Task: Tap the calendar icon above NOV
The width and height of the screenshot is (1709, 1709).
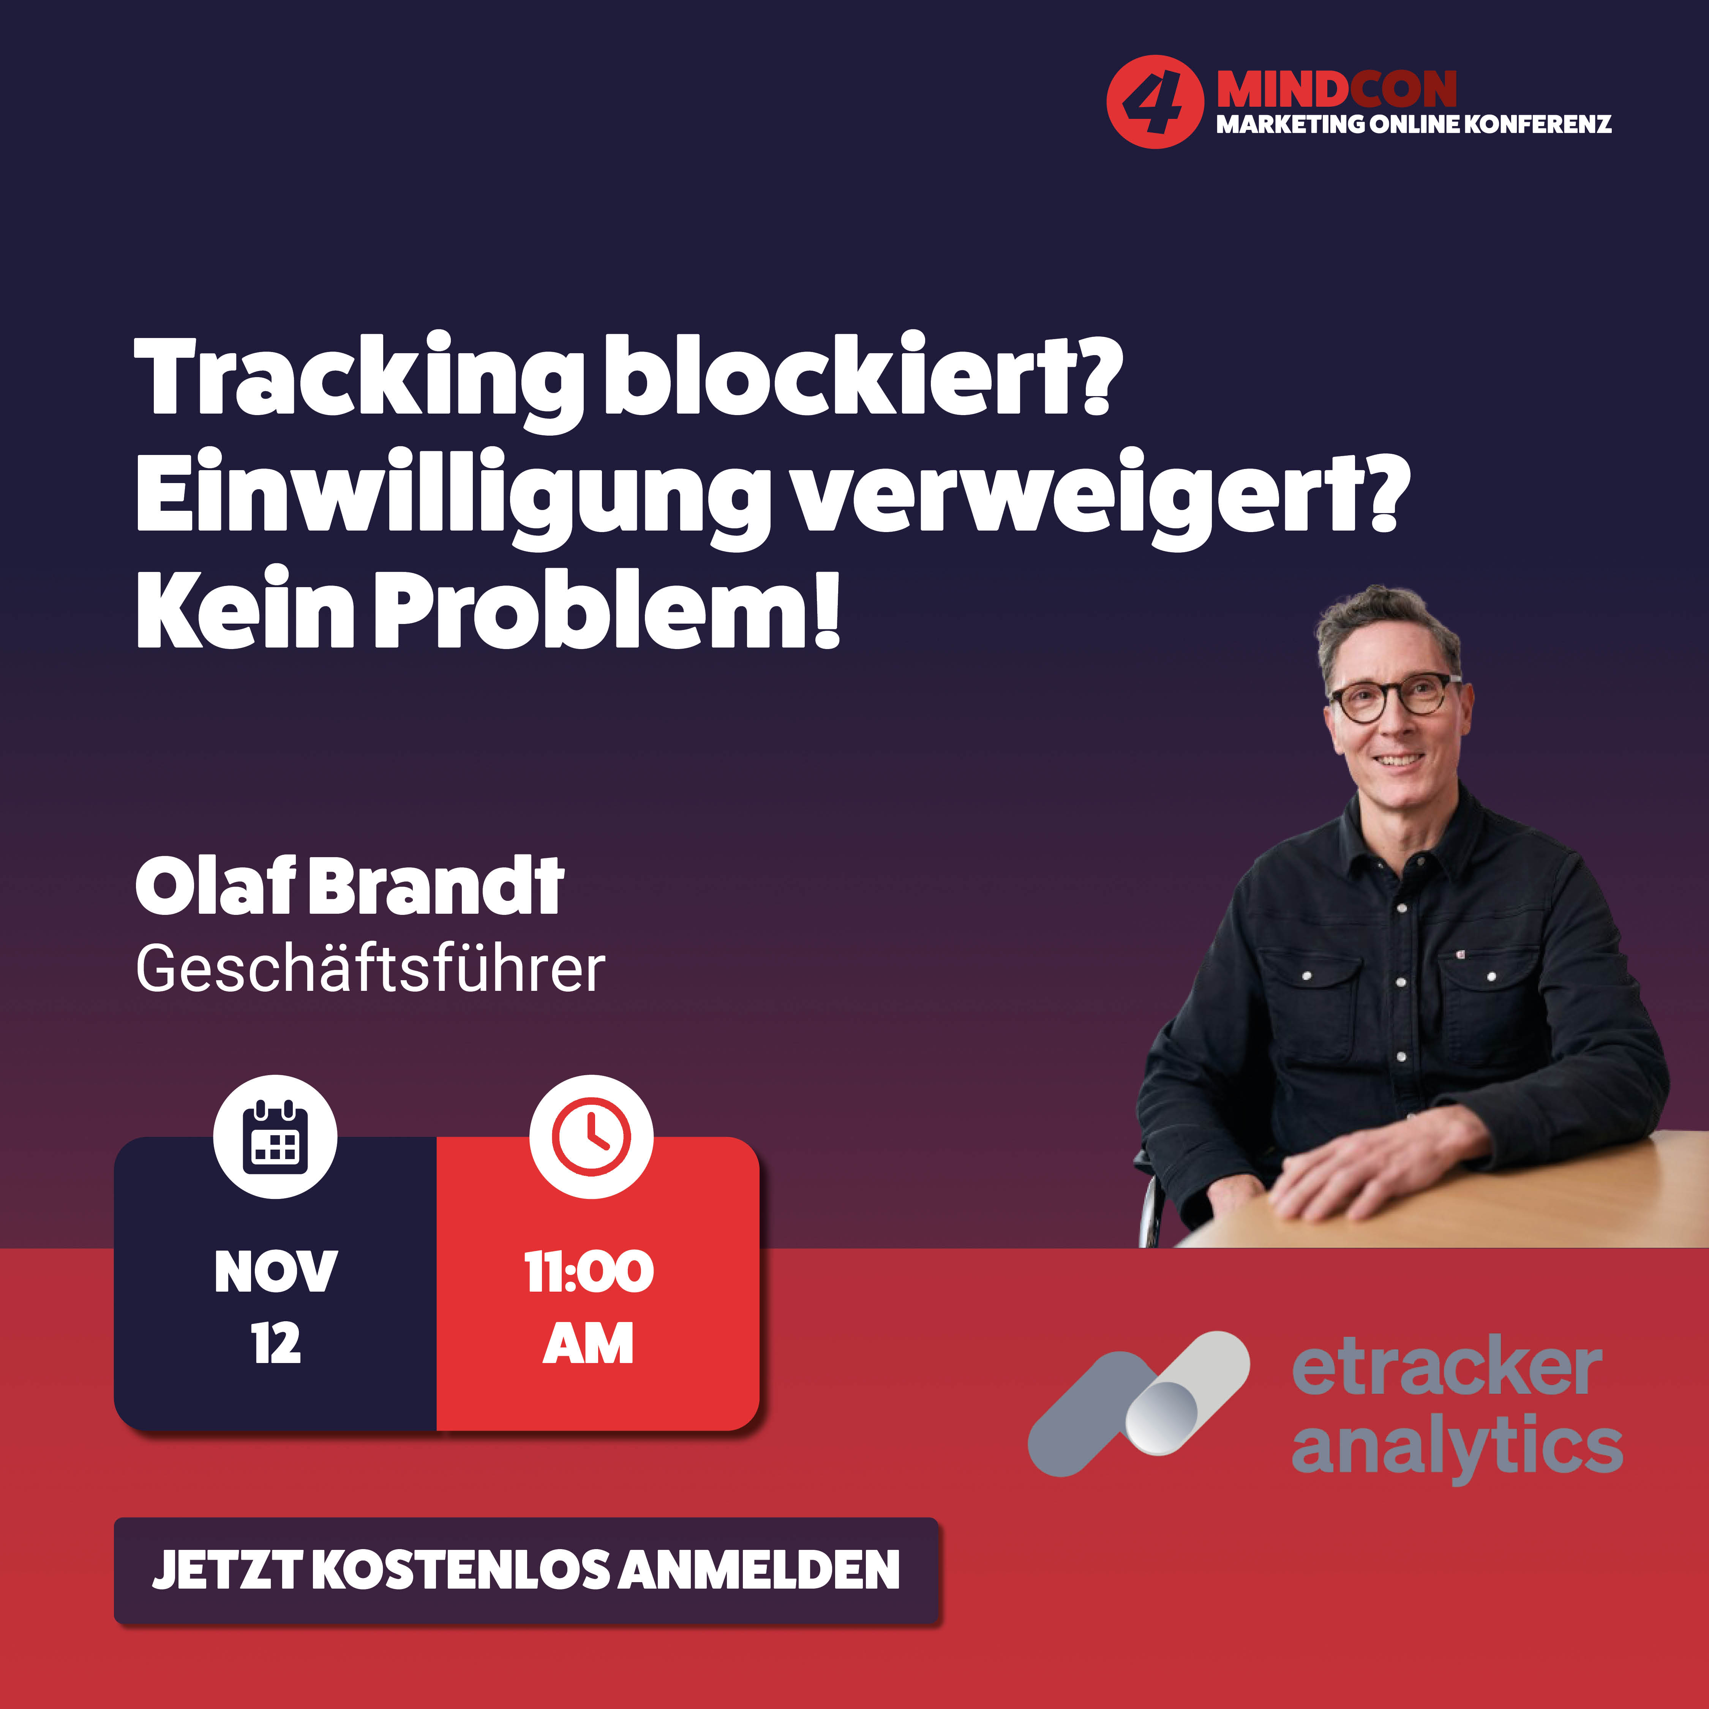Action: click(x=275, y=1137)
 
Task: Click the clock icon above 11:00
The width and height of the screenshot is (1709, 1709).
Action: click(x=591, y=1137)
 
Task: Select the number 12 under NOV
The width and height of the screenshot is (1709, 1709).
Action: click(x=276, y=1344)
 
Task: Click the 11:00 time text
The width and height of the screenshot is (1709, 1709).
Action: click(x=589, y=1272)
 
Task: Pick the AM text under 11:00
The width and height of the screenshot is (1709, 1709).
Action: click(x=588, y=1344)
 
